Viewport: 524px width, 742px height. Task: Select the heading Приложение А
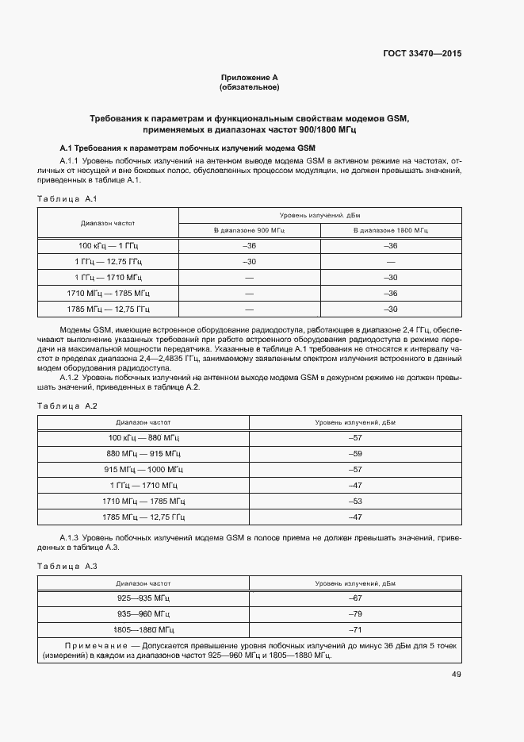(x=249, y=78)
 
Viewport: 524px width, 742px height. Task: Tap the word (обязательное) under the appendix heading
(x=249, y=87)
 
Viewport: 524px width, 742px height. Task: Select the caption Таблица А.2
(x=67, y=406)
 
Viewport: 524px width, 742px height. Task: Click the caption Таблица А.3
(x=67, y=566)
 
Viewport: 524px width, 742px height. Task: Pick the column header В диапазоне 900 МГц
(x=249, y=230)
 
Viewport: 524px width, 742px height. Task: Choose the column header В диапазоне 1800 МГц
(x=390, y=230)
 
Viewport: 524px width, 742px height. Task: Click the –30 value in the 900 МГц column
(x=249, y=262)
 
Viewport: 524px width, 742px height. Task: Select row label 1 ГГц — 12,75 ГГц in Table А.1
(x=109, y=262)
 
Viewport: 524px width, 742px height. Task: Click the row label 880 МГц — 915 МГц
(x=143, y=454)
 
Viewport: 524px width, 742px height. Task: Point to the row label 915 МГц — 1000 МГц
(x=143, y=470)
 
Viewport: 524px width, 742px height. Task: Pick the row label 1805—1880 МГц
(x=143, y=629)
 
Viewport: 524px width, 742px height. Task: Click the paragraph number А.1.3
(x=73, y=538)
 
